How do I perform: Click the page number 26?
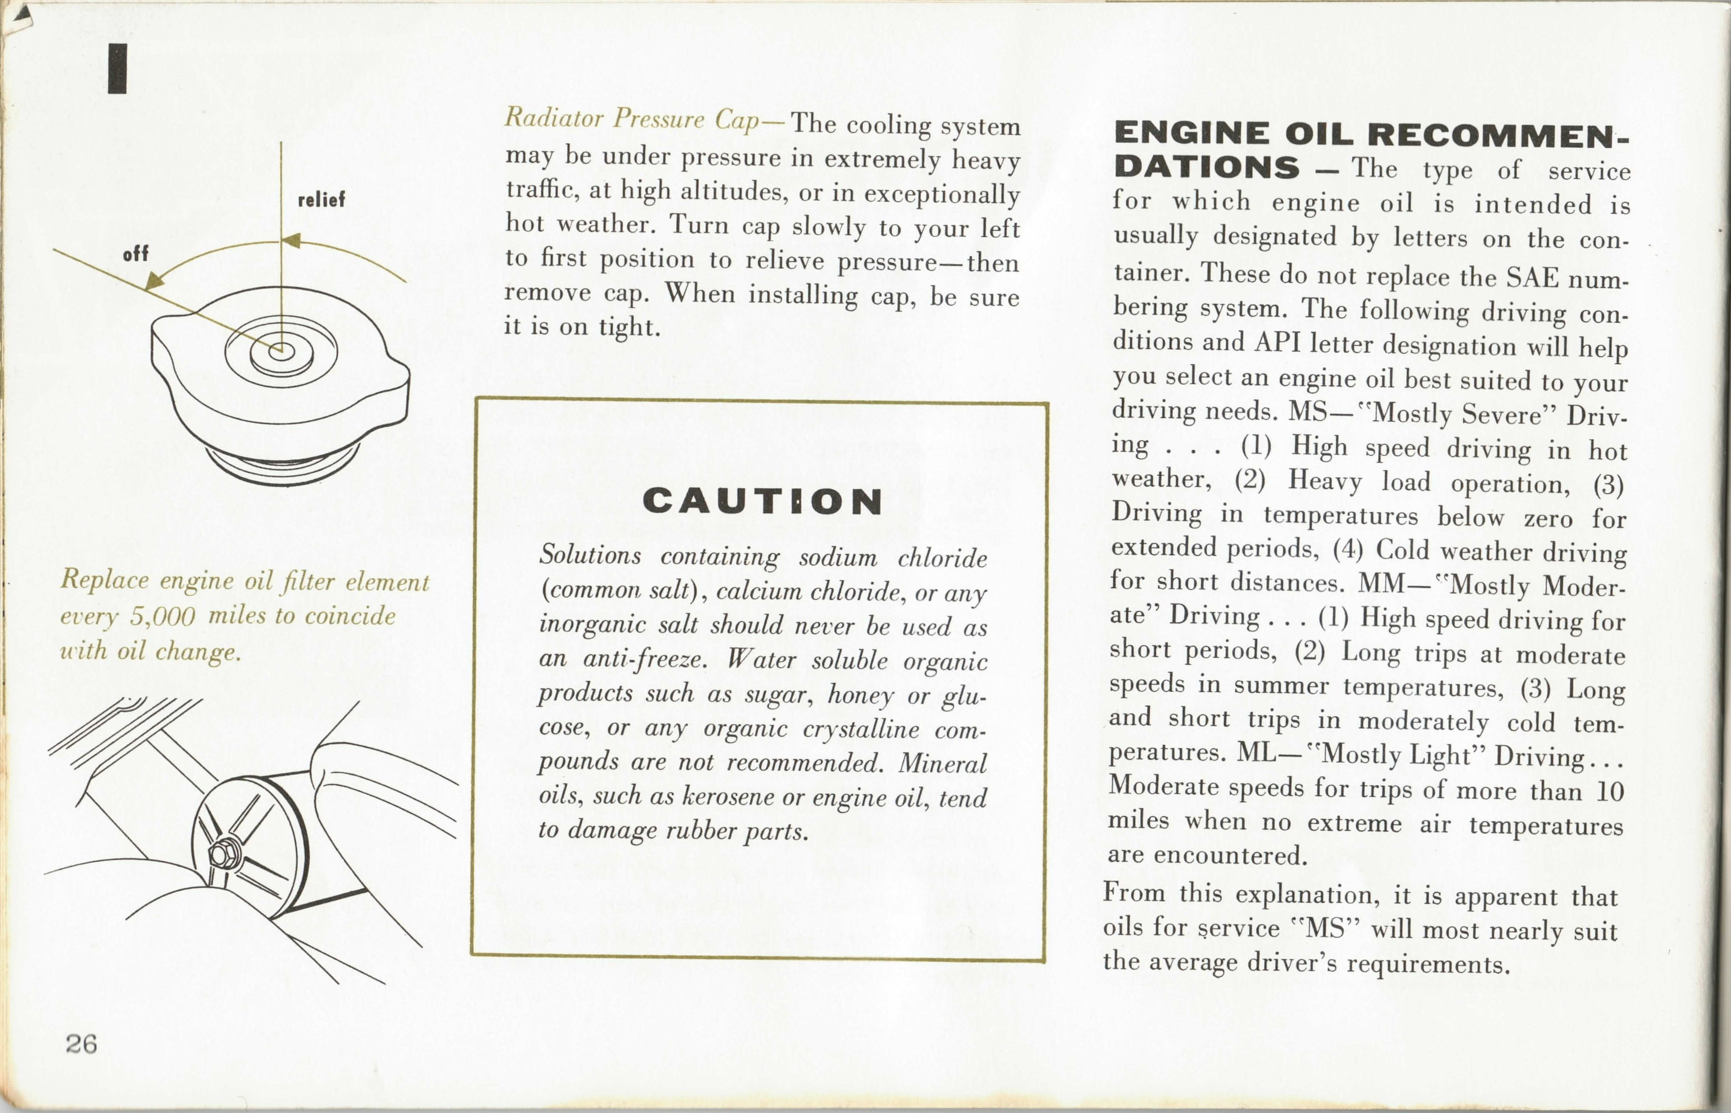pos(81,1044)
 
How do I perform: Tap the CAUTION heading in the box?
pos(762,501)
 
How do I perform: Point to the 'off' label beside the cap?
pos(136,254)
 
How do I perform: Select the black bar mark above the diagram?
pos(117,69)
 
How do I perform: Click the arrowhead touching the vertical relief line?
pos(291,241)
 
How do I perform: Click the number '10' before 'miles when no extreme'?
pos(1610,791)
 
